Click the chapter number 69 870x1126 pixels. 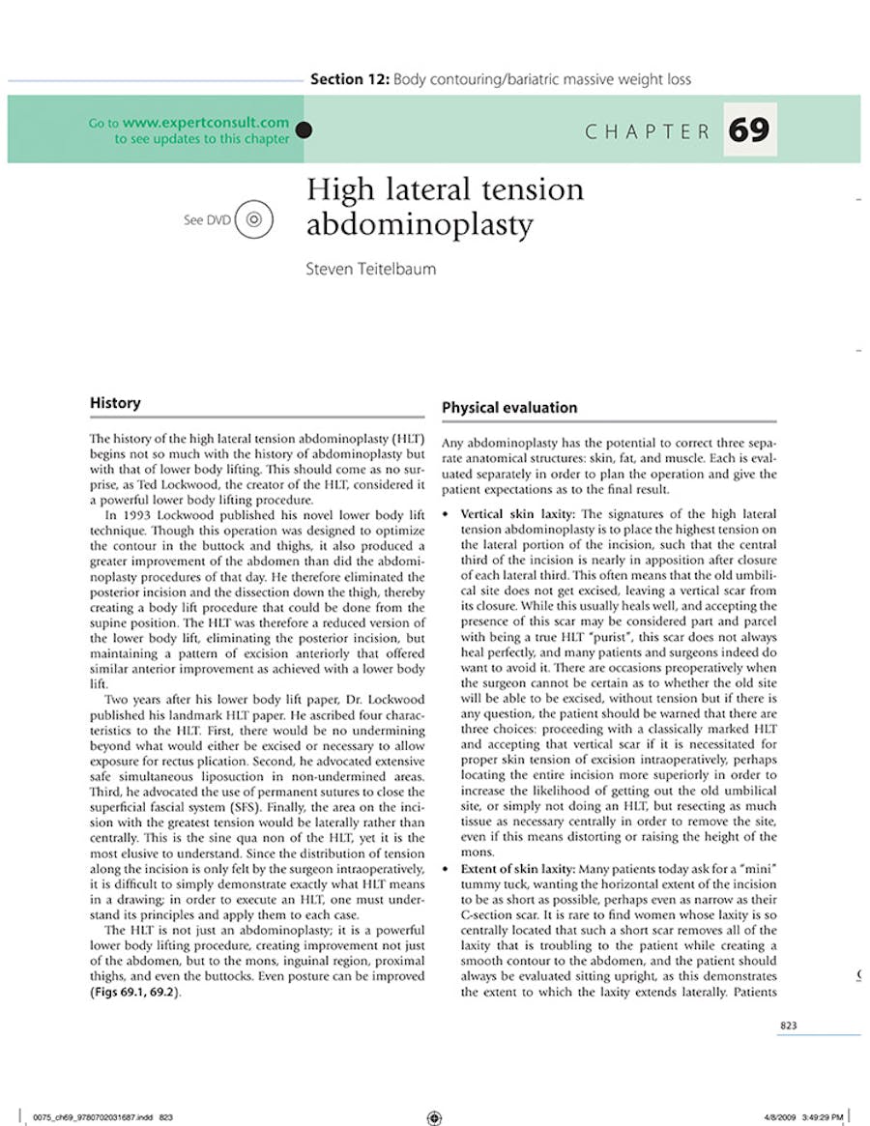pos(749,130)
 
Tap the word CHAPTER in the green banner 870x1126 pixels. pos(648,131)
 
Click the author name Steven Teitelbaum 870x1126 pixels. pos(370,269)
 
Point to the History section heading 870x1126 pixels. pos(115,403)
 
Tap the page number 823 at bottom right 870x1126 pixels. pos(789,1025)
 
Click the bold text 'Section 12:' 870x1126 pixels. pos(349,79)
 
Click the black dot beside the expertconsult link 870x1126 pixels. pos(304,130)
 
